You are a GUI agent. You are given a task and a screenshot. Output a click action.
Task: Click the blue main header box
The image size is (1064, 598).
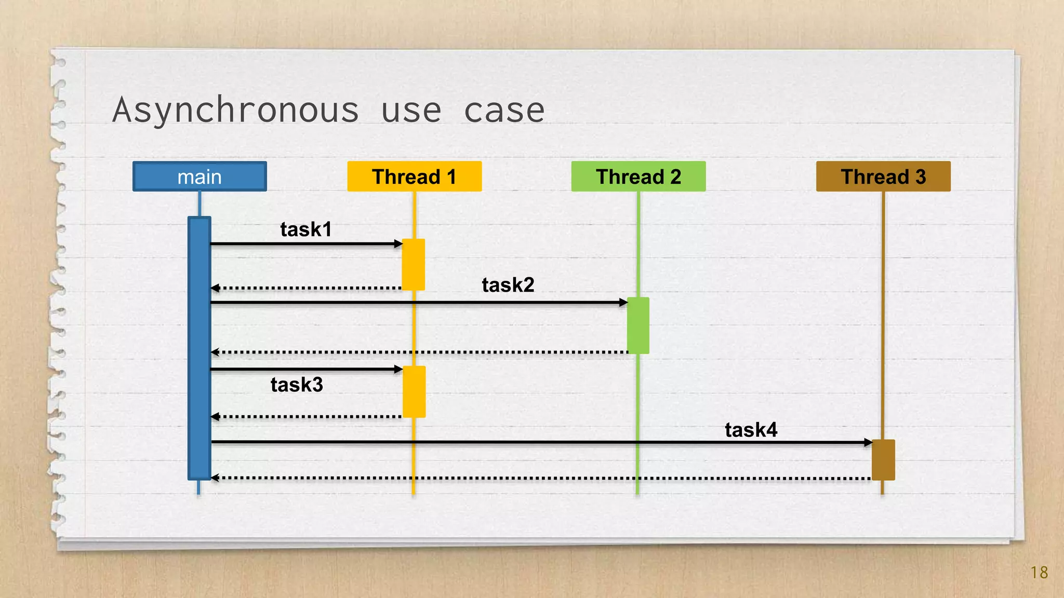[199, 176]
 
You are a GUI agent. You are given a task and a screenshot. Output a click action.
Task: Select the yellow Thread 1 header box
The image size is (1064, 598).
[414, 176]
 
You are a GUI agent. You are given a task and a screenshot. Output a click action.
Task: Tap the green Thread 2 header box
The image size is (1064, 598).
[638, 176]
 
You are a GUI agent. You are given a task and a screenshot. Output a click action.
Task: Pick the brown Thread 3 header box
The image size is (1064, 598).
[883, 176]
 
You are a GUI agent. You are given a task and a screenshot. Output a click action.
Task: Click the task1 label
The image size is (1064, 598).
[305, 229]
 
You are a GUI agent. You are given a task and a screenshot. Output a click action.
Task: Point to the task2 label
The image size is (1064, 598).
[508, 285]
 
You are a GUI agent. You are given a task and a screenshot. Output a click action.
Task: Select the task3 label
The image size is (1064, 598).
[297, 385]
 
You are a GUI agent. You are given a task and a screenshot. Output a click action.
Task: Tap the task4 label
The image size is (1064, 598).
[751, 430]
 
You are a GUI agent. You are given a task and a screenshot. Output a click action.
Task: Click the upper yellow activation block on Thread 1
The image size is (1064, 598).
[414, 264]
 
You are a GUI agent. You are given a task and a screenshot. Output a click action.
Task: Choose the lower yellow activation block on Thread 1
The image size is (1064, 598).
[414, 391]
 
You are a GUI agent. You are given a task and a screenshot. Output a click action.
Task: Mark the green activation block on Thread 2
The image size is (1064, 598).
[638, 325]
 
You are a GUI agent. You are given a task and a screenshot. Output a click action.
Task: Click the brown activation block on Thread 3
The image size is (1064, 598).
[883, 460]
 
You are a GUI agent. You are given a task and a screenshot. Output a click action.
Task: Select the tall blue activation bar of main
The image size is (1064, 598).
[199, 348]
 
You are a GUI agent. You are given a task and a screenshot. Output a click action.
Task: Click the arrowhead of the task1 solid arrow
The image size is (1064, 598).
[398, 243]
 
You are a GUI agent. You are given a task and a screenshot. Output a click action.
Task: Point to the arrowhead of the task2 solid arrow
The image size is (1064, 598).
[623, 302]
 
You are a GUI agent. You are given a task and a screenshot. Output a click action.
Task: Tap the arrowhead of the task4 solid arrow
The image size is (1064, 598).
[868, 442]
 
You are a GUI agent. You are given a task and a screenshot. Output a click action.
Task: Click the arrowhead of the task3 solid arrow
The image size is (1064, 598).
[398, 370]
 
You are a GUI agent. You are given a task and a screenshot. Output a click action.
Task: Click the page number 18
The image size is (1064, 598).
[1039, 572]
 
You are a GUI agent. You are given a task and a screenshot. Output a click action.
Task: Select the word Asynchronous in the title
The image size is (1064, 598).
[236, 110]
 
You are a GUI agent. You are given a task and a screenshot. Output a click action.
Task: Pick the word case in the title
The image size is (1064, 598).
[504, 110]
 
